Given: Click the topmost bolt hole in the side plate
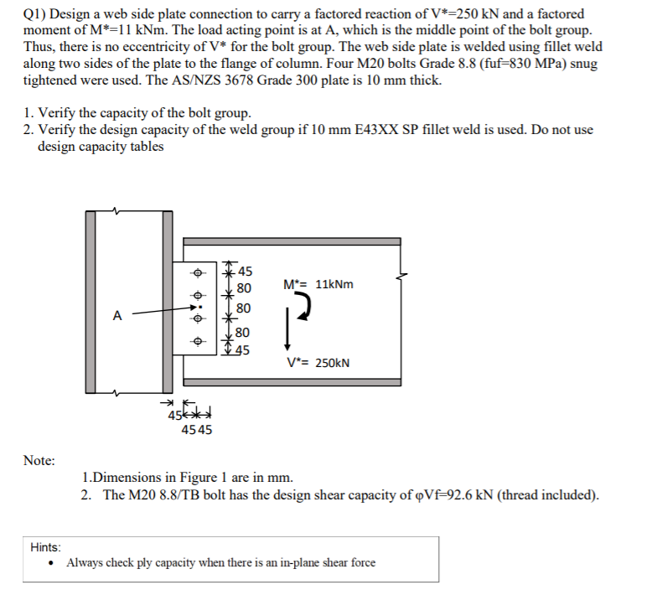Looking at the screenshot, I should click(198, 272).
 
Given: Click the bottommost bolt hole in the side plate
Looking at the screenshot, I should click(198, 342).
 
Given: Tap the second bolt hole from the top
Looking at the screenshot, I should click(198, 296).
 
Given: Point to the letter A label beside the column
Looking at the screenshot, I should click(117, 316).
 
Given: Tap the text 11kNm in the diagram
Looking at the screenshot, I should click(334, 284).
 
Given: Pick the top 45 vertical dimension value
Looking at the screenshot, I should click(246, 270).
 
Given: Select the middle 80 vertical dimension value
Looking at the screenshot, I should click(243, 308).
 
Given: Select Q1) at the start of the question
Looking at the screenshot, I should click(34, 15).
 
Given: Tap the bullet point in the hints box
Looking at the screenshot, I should click(53, 563).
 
